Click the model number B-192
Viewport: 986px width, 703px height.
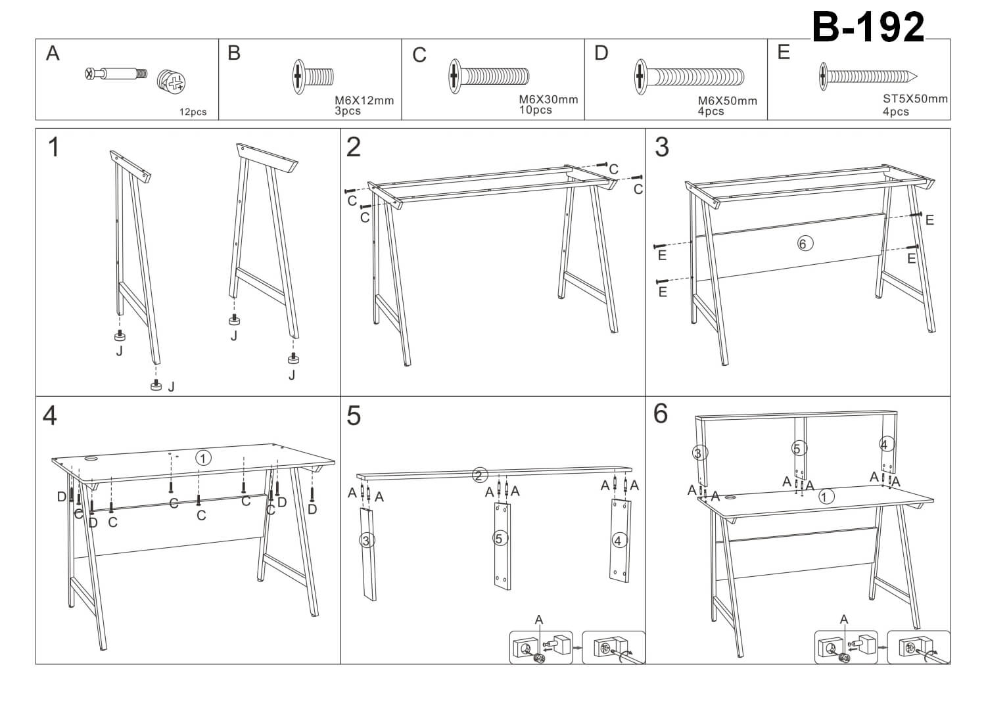pyautogui.click(x=868, y=28)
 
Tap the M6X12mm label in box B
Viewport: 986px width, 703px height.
pyautogui.click(x=364, y=101)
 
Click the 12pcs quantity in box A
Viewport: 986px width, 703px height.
pyautogui.click(x=193, y=112)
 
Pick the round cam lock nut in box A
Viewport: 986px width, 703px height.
pyautogui.click(x=172, y=81)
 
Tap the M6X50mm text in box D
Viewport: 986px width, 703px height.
pyautogui.click(x=727, y=101)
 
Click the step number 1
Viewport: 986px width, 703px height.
pyautogui.click(x=54, y=147)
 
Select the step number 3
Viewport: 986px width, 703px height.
pyautogui.click(x=662, y=147)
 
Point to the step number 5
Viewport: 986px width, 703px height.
pyautogui.click(x=354, y=416)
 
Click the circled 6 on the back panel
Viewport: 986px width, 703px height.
pyautogui.click(x=803, y=244)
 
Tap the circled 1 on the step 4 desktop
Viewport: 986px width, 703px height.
pyautogui.click(x=204, y=458)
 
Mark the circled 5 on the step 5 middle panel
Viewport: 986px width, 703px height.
pyautogui.click(x=500, y=539)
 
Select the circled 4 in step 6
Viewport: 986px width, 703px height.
pyautogui.click(x=884, y=445)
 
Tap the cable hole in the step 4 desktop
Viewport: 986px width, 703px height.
pyautogui.click(x=90, y=459)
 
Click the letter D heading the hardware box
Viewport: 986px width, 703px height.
pyautogui.click(x=601, y=53)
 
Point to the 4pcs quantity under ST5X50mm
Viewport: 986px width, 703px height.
pyautogui.click(x=895, y=112)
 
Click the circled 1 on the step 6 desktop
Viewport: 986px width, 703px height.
pyautogui.click(x=826, y=497)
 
